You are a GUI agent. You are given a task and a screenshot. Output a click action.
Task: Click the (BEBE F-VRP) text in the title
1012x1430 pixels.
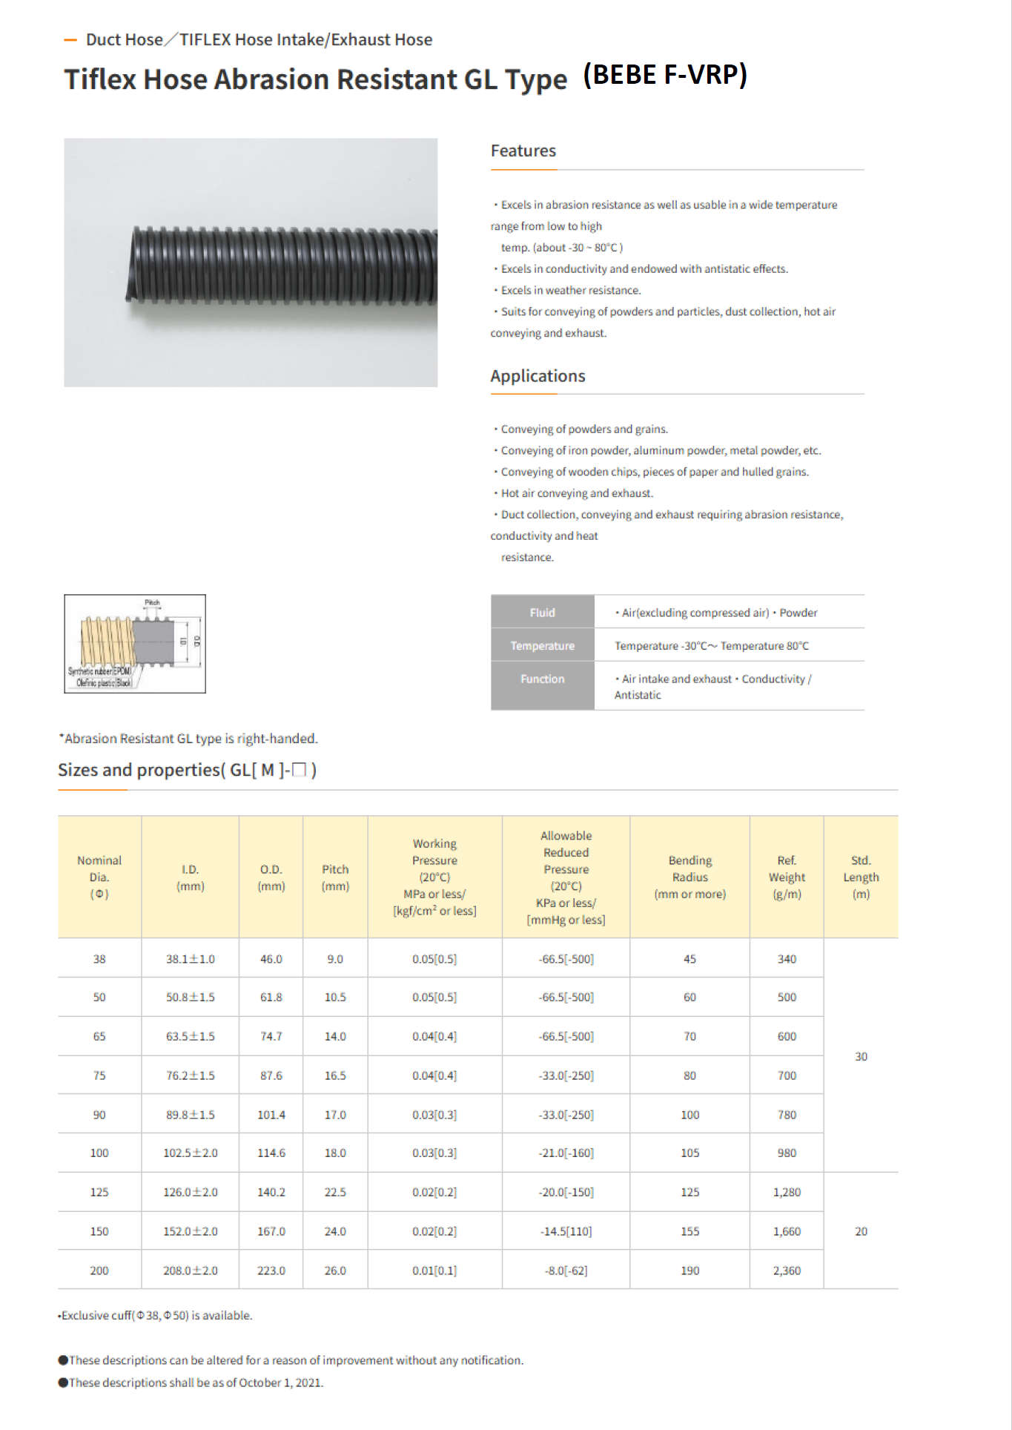(665, 75)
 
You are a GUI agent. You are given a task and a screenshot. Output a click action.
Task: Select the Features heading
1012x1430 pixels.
(523, 151)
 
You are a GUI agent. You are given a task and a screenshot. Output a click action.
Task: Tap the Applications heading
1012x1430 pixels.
(538, 376)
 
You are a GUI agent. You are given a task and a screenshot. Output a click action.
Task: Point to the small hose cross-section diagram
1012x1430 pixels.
(135, 644)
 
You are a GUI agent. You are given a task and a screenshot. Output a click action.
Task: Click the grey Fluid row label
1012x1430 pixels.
(542, 613)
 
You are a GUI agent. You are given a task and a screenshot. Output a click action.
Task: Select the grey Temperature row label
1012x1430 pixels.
(542, 645)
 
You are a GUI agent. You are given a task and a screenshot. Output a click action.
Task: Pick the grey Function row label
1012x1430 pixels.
(542, 679)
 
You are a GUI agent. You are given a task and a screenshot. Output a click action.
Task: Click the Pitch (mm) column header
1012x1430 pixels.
(335, 877)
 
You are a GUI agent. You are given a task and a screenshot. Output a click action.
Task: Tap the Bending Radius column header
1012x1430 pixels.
(689, 877)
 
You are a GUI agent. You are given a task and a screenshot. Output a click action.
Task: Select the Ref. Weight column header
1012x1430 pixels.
(787, 877)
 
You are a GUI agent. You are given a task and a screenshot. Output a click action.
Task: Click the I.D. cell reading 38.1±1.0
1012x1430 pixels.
(191, 959)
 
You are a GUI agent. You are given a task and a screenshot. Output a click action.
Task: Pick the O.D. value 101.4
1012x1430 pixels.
(271, 1115)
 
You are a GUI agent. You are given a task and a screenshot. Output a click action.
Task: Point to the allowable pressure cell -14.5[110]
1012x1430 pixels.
(566, 1231)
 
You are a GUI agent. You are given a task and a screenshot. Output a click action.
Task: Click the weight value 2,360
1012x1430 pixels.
(787, 1271)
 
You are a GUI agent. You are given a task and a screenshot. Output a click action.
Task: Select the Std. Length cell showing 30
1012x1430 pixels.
(861, 1056)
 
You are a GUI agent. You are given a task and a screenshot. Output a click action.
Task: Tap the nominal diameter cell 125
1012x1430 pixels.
(99, 1192)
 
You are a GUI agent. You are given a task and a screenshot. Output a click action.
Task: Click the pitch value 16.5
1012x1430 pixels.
(335, 1075)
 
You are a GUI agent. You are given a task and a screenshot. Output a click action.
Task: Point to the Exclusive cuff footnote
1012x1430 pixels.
(156, 1315)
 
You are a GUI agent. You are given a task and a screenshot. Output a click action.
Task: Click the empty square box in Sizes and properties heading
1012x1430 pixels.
(299, 770)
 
